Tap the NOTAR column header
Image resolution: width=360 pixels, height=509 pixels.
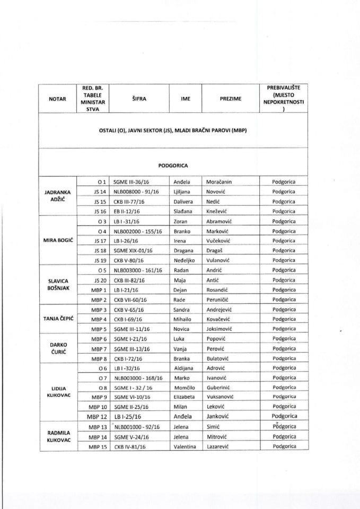(x=57, y=98)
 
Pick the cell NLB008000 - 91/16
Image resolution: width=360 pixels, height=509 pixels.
(x=136, y=192)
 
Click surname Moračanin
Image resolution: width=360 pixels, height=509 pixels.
(x=222, y=182)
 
